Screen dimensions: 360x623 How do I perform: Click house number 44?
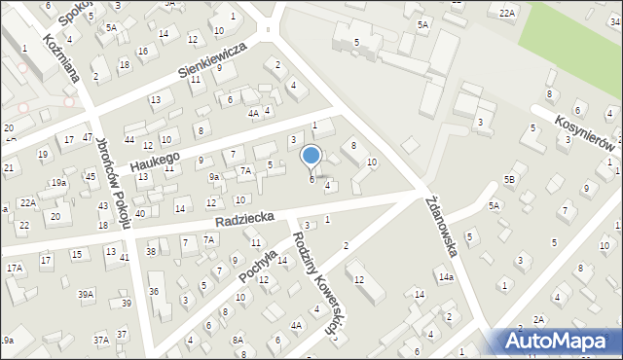tap(128, 140)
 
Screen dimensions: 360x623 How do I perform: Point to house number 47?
tap(88, 138)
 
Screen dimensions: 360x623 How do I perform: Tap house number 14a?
tap(445, 277)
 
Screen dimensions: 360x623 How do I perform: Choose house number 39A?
tap(87, 294)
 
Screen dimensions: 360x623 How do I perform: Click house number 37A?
tap(100, 340)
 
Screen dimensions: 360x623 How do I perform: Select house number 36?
tap(153, 292)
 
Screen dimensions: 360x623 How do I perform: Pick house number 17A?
tap(14, 268)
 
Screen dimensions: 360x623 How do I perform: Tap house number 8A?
tap(238, 340)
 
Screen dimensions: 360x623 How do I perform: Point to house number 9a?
tap(213, 177)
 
